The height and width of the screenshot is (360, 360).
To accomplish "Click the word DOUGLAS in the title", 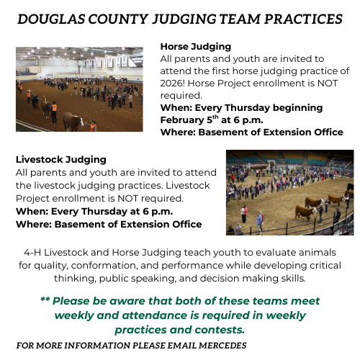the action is coord(51,19).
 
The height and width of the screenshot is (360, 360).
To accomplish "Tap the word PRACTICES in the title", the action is coord(303,19).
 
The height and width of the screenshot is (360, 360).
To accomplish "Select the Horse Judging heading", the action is coord(196,47).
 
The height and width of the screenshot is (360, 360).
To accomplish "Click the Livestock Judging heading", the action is coord(61,160).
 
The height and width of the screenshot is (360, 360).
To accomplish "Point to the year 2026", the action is coord(172,84).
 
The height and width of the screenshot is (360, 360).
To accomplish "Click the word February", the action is coord(182,120).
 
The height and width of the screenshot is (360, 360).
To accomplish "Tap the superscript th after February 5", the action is coord(215,117).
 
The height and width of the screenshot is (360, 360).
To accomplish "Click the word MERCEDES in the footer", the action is coord(222,346).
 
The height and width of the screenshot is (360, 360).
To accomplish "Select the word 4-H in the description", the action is coord(32,253).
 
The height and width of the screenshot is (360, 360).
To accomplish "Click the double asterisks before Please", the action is coord(45,300).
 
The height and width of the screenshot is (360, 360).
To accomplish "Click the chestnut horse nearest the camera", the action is coord(73,122).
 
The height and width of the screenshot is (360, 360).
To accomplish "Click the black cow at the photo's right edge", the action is coord(350,186).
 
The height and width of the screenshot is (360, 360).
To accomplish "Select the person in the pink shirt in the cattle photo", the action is coord(244,213).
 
